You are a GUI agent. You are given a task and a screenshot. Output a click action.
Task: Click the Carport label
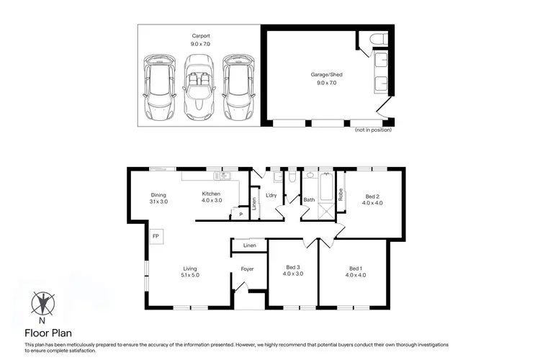[200, 36]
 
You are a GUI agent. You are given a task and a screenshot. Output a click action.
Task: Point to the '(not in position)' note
[372, 130]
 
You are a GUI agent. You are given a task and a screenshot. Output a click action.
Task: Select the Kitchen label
[211, 194]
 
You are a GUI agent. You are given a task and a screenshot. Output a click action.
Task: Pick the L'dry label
[271, 195]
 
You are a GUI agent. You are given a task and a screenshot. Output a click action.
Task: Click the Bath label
[309, 199]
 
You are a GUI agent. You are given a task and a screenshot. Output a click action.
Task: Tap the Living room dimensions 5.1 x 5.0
[189, 274]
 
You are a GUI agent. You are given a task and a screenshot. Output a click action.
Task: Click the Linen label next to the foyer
[249, 246]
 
